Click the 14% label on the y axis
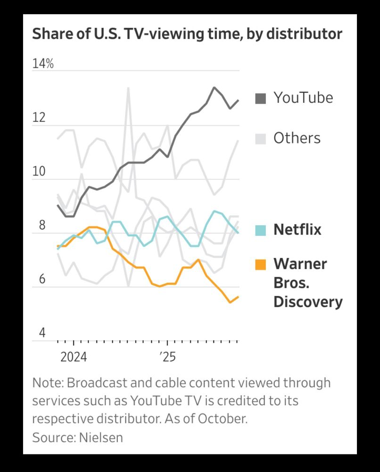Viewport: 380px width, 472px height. click(43, 64)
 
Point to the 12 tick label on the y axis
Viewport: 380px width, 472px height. click(39, 118)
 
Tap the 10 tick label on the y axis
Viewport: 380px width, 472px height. click(39, 171)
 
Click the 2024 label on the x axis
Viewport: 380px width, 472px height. click(73, 357)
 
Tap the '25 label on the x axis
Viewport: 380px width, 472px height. click(167, 357)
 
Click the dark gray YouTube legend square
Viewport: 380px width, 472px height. click(260, 98)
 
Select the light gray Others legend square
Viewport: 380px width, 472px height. click(260, 138)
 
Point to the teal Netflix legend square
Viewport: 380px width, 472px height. click(260, 230)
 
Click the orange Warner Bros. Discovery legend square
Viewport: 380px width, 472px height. click(260, 264)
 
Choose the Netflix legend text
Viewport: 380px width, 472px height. click(297, 230)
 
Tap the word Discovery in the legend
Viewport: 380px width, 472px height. click(307, 302)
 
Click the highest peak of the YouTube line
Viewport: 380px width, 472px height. click(214, 87)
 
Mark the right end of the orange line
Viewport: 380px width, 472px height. click(238, 296)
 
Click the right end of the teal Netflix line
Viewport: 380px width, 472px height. click(238, 233)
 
